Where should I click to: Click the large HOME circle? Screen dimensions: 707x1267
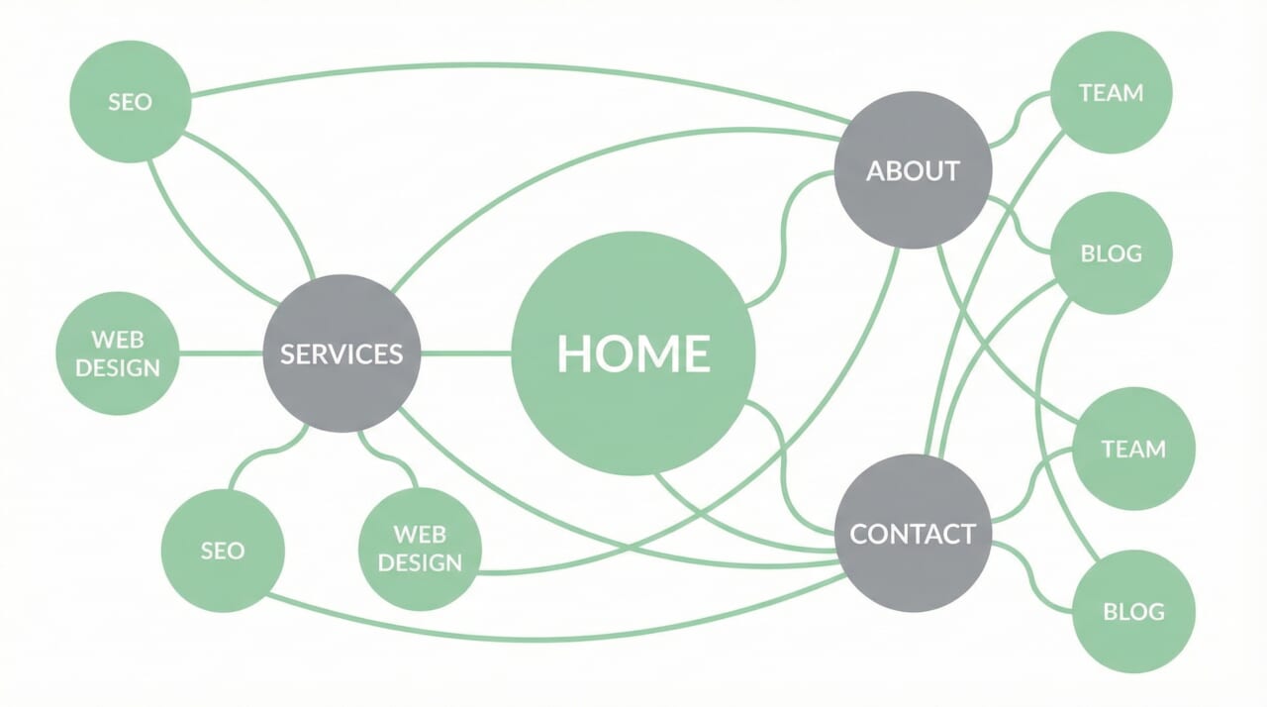pyautogui.click(x=633, y=353)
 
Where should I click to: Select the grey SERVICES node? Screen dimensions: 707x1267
pyautogui.click(x=341, y=353)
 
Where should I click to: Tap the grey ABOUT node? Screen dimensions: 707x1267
pyautogui.click(x=913, y=170)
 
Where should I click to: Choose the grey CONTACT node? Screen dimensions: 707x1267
pyautogui.click(x=913, y=534)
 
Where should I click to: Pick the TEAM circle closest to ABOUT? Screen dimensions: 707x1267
pyautogui.click(x=1111, y=92)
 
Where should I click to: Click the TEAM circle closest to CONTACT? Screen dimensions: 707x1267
pyautogui.click(x=1133, y=449)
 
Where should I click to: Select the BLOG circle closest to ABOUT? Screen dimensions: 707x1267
pyautogui.click(x=1111, y=253)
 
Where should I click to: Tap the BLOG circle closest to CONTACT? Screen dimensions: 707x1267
pyautogui.click(x=1133, y=611)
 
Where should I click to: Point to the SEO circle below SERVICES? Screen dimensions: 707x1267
pyautogui.click(x=223, y=551)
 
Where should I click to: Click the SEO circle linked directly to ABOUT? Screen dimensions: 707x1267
pyautogui.click(x=130, y=101)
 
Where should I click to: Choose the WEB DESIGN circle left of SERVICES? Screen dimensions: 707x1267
pyautogui.click(x=118, y=353)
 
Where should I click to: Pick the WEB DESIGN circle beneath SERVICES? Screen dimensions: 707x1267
pyautogui.click(x=420, y=549)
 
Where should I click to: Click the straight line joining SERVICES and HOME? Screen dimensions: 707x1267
pyautogui.click(x=465, y=353)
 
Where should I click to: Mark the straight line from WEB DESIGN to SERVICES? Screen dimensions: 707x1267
pyautogui.click(x=220, y=353)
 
